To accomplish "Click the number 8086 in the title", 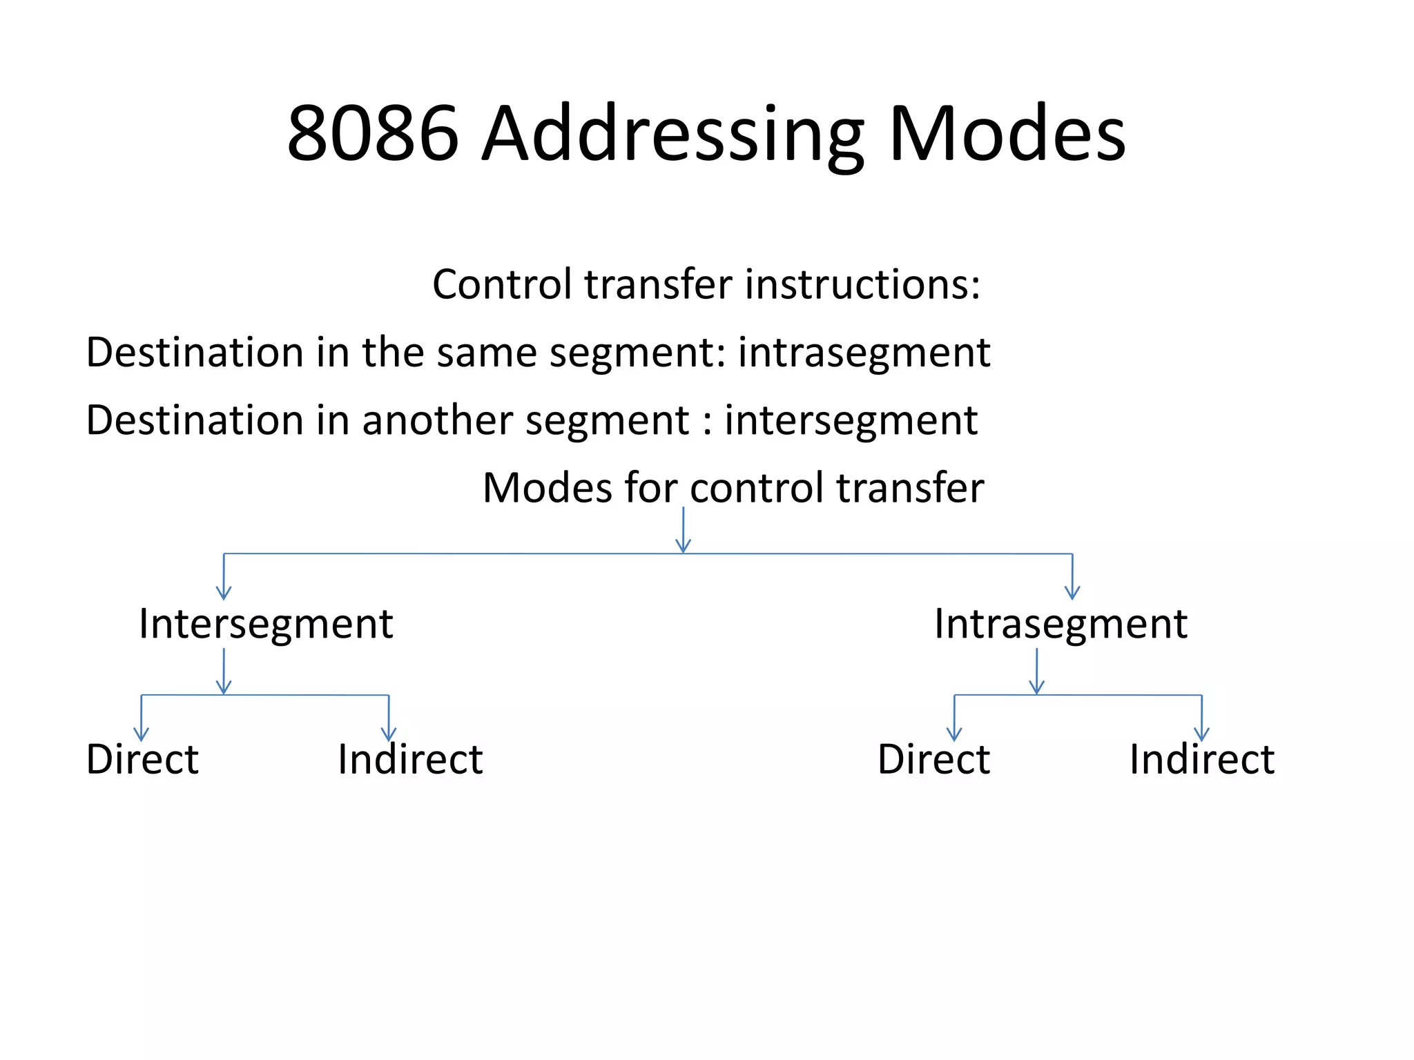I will click(373, 133).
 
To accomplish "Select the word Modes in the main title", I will click(1007, 133).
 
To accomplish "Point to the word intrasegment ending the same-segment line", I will click(864, 353).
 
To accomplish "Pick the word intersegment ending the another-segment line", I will click(851, 421).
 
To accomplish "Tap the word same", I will click(486, 353).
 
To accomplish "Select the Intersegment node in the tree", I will click(266, 625).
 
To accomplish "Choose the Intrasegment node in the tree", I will click(1060, 625).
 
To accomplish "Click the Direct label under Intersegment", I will click(142, 760).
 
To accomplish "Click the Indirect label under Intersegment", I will click(410, 760).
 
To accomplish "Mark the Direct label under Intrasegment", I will click(933, 760).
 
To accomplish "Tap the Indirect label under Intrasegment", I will click(1201, 760).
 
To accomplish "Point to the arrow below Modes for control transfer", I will click(684, 530).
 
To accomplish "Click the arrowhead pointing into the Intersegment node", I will click(224, 592).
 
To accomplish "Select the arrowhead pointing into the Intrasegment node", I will click(1072, 592).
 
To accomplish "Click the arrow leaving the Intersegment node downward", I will click(224, 671).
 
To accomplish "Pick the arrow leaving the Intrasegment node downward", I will click(1036, 671).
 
